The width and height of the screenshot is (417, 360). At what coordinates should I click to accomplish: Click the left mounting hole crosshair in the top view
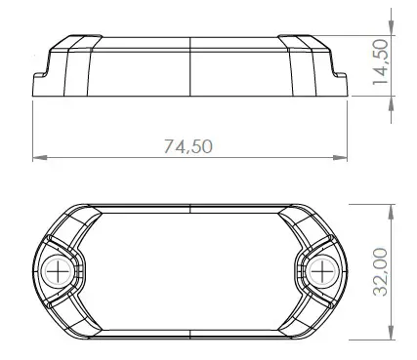click(61, 270)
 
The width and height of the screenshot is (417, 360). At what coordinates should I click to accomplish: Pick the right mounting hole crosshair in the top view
click(322, 270)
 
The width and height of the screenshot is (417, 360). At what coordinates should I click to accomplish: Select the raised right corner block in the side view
click(303, 44)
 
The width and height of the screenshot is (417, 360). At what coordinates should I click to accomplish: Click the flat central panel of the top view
click(191, 270)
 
